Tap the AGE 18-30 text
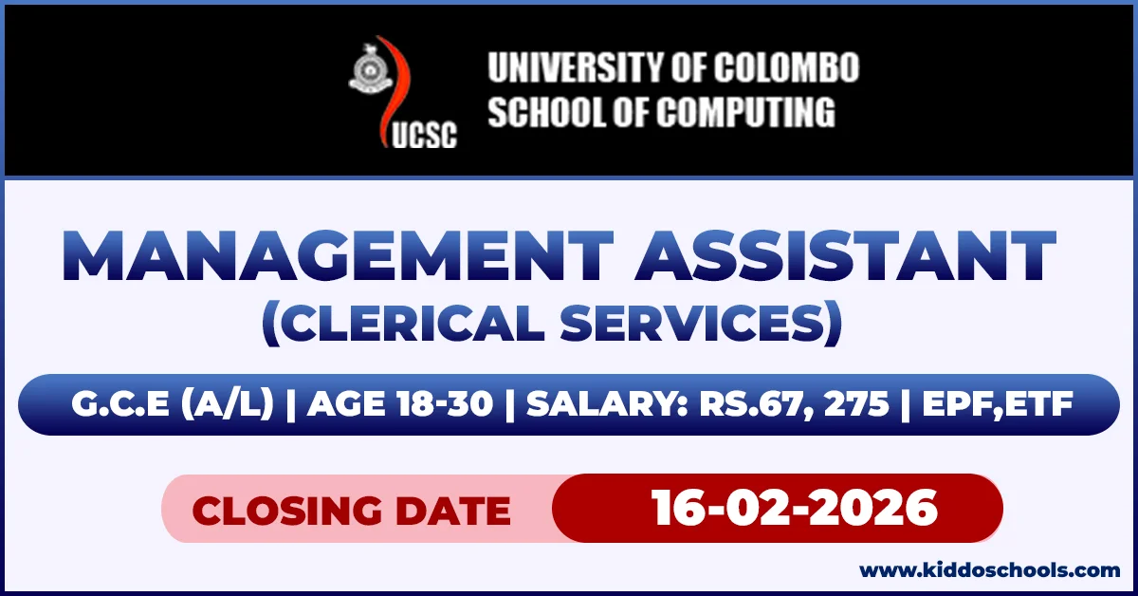tap(400, 405)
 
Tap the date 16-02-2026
tap(795, 508)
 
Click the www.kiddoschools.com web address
tap(990, 570)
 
